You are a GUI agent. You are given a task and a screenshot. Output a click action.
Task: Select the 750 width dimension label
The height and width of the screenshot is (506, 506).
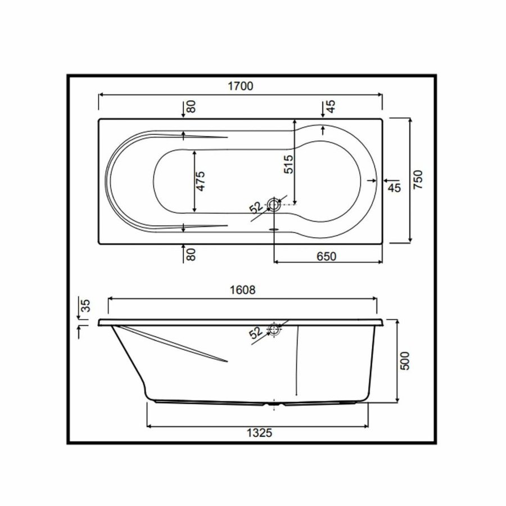(x=417, y=180)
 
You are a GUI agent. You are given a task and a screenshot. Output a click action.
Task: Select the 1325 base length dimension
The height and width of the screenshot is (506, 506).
(x=259, y=432)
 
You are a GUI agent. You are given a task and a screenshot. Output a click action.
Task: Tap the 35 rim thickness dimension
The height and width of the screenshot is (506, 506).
(x=86, y=306)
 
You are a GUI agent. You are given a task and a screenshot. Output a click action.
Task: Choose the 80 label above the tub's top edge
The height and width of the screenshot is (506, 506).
(x=192, y=107)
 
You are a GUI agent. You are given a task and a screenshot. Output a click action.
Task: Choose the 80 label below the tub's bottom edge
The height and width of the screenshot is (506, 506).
(x=192, y=255)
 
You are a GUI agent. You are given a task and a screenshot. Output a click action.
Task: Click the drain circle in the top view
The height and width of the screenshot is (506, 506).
(x=274, y=205)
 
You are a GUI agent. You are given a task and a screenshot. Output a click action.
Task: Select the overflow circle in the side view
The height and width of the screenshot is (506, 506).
(x=274, y=329)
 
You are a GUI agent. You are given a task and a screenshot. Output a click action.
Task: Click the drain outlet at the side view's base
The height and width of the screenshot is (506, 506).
(x=274, y=403)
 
